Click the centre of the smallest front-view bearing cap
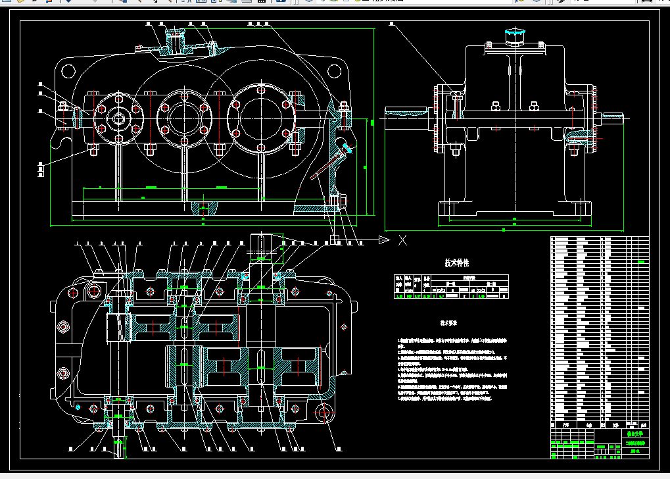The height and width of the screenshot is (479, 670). (118, 119)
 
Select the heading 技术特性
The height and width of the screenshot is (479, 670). (456, 263)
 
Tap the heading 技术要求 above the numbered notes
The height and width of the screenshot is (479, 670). (449, 324)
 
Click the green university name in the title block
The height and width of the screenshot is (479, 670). (634, 434)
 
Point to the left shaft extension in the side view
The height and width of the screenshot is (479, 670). (402, 117)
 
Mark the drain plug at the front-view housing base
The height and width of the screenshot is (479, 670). (204, 209)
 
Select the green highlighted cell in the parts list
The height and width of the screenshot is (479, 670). (640, 262)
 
